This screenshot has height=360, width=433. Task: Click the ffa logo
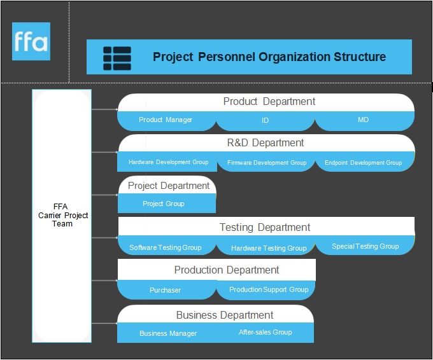(x=31, y=41)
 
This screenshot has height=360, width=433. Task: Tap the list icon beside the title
(x=117, y=59)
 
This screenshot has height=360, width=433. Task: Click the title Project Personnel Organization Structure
(x=269, y=57)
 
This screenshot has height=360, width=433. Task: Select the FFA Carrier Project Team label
(x=62, y=215)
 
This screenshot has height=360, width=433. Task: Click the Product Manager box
(x=167, y=121)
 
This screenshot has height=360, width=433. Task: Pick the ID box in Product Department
(x=266, y=121)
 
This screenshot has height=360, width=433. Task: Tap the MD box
(x=364, y=121)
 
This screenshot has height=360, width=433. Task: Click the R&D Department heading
(x=266, y=143)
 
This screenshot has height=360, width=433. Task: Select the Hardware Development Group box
(x=167, y=162)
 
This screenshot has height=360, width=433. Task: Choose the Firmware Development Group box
(x=266, y=162)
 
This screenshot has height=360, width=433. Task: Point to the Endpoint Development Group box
(x=365, y=162)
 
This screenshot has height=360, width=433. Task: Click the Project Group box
(x=167, y=204)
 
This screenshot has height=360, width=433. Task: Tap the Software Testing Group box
(x=167, y=246)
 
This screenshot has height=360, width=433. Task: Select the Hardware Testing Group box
(x=266, y=246)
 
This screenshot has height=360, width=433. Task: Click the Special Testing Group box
(x=365, y=246)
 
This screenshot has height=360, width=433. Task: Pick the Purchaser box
(x=167, y=290)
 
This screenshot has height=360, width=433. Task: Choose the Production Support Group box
(x=266, y=290)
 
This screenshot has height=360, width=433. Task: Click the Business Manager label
(x=168, y=333)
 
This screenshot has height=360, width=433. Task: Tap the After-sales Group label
(x=266, y=332)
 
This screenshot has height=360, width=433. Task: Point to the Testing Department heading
(x=265, y=227)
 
